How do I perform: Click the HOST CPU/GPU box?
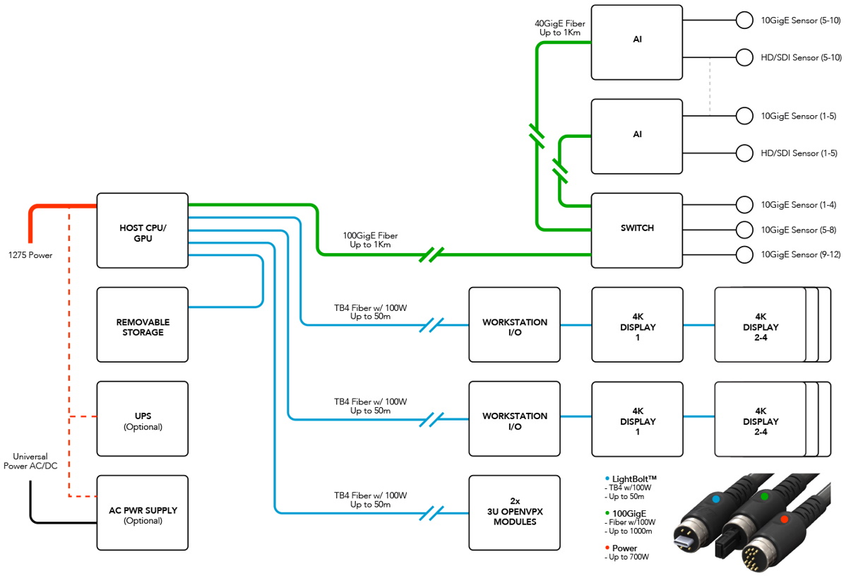click(142, 230)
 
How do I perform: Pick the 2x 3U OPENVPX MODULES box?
click(514, 513)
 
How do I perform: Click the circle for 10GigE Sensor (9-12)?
click(744, 254)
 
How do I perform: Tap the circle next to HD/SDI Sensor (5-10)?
click(744, 57)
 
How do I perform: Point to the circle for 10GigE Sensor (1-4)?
click(744, 205)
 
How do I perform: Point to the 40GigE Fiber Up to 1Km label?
click(560, 28)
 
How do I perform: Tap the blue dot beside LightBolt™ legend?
click(608, 479)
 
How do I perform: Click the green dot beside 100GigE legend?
click(608, 514)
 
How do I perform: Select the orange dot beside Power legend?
click(608, 548)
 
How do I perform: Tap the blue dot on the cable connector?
click(716, 498)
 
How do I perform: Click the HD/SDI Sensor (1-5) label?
click(799, 153)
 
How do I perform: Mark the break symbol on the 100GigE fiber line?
click(431, 254)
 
